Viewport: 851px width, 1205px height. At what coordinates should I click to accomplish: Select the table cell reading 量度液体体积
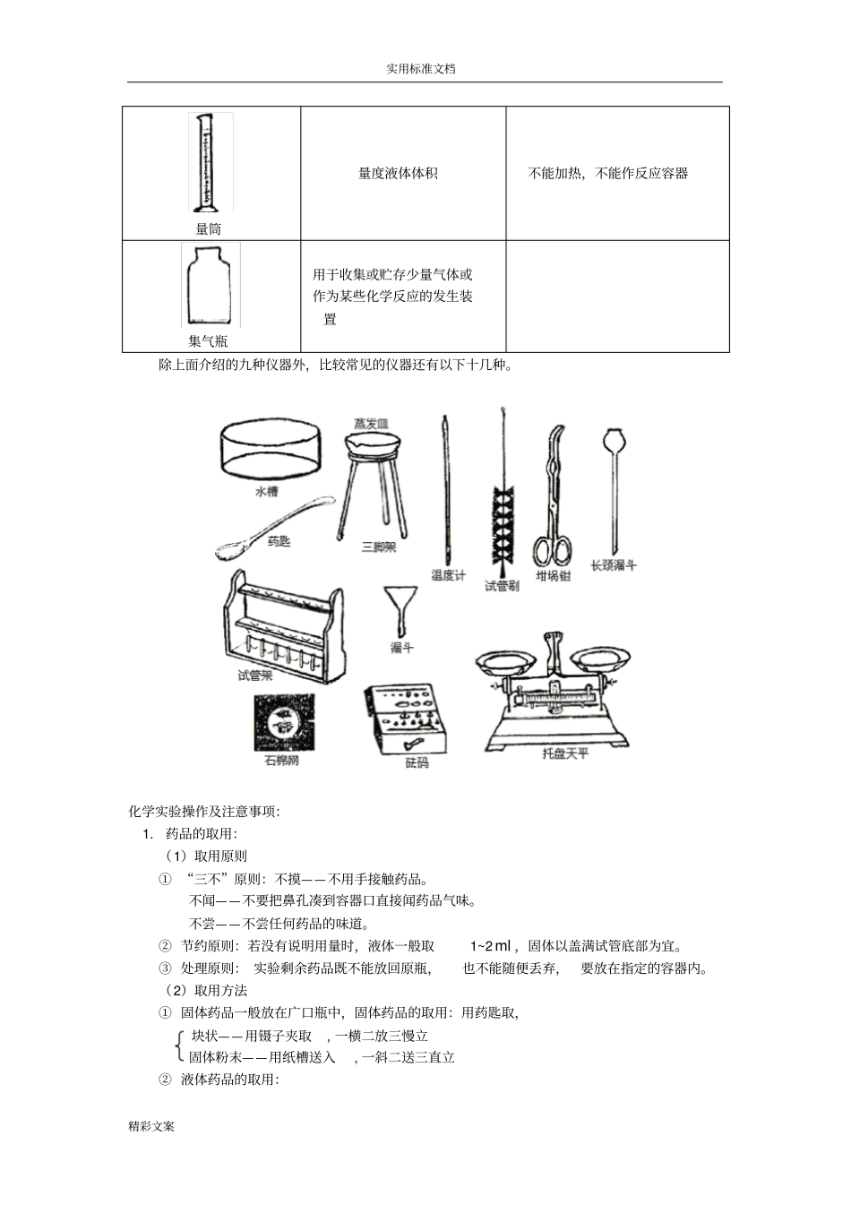pyautogui.click(x=398, y=174)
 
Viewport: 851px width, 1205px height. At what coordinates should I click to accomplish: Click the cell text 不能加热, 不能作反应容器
pyautogui.click(x=608, y=174)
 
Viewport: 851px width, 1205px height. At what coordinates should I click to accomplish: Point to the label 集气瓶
pyautogui.click(x=208, y=341)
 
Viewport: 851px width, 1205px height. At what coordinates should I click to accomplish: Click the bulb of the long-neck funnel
pyautogui.click(x=614, y=442)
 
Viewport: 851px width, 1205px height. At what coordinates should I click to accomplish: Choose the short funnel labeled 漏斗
pyautogui.click(x=400, y=609)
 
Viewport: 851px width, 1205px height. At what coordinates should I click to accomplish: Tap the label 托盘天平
pyautogui.click(x=565, y=754)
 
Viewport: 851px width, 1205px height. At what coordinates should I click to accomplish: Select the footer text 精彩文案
pyautogui.click(x=151, y=1126)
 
